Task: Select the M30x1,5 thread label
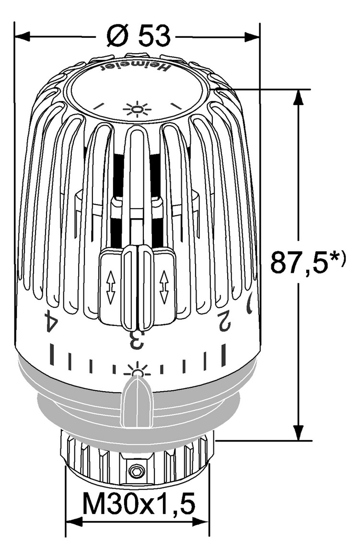tap(139, 503)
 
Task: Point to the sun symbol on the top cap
tap(137, 109)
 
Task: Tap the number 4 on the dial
tap(51, 321)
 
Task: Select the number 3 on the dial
tap(137, 340)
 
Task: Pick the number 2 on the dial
tap(224, 319)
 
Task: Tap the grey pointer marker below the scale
tap(137, 402)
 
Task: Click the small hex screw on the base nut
tap(136, 473)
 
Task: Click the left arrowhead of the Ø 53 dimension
tap(22, 36)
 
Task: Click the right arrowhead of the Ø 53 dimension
tap(252, 36)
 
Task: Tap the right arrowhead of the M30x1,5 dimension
tap(201, 522)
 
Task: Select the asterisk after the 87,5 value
tap(334, 257)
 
